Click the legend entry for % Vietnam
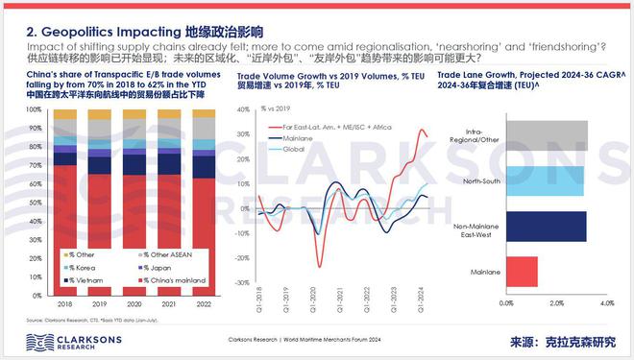coord(80,280)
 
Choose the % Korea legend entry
coord(77,267)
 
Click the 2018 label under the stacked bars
coord(66,301)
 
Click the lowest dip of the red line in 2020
coord(319,266)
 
